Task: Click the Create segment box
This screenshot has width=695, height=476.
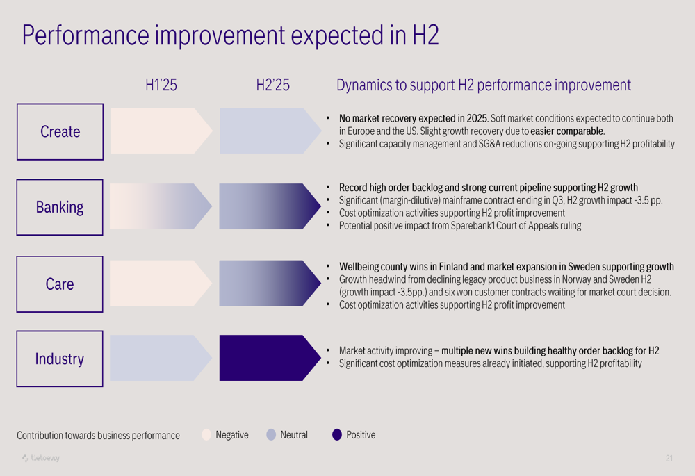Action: tap(60, 132)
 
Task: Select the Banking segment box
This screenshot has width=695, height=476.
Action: tap(60, 207)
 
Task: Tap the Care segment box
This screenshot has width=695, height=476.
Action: tap(60, 284)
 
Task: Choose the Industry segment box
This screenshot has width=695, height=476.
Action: tap(60, 359)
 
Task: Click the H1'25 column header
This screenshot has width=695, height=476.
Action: tap(161, 85)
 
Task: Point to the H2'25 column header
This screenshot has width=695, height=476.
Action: tap(272, 85)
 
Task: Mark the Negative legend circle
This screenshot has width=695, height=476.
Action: tap(206, 435)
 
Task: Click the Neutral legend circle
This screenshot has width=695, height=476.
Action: tap(271, 435)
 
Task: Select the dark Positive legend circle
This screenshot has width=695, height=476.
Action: tap(337, 435)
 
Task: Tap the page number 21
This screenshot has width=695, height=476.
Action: tap(669, 458)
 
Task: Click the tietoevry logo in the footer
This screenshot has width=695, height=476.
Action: tap(41, 458)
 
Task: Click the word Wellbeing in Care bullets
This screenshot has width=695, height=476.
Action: tap(360, 267)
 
